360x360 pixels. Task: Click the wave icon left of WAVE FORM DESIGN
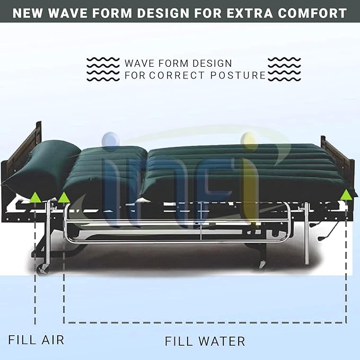pos(103,69)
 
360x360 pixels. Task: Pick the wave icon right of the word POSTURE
pos(284,69)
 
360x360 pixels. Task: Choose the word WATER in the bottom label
pos(222,341)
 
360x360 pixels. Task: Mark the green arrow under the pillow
pos(35,198)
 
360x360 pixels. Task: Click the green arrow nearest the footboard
pos(346,194)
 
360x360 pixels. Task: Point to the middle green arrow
pos(64,198)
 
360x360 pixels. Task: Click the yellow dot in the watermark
pos(247,139)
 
